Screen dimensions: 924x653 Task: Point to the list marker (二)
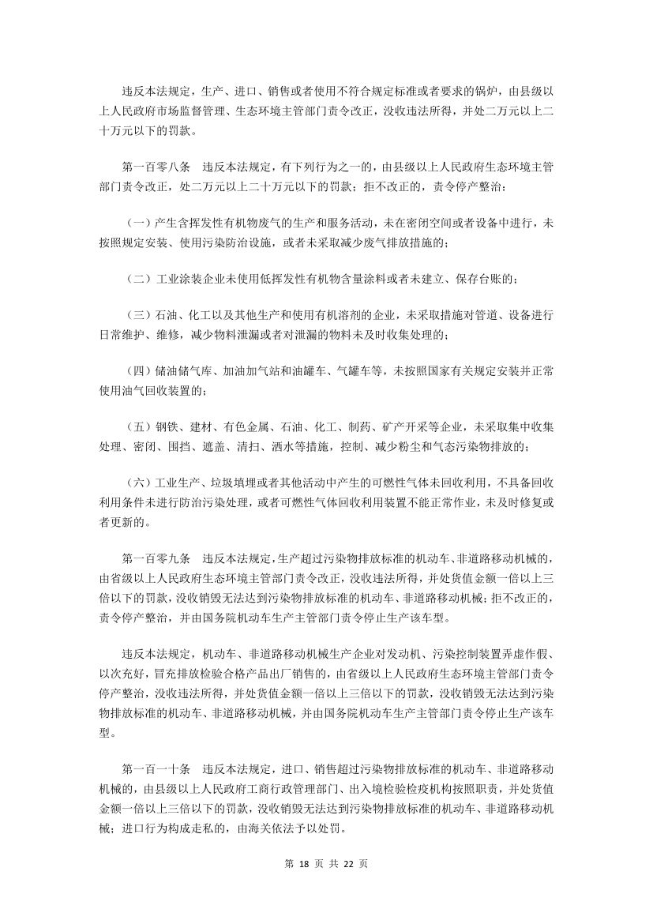pos(139,279)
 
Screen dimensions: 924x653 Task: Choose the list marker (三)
pos(139,315)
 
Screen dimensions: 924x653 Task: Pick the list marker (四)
pos(139,371)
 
